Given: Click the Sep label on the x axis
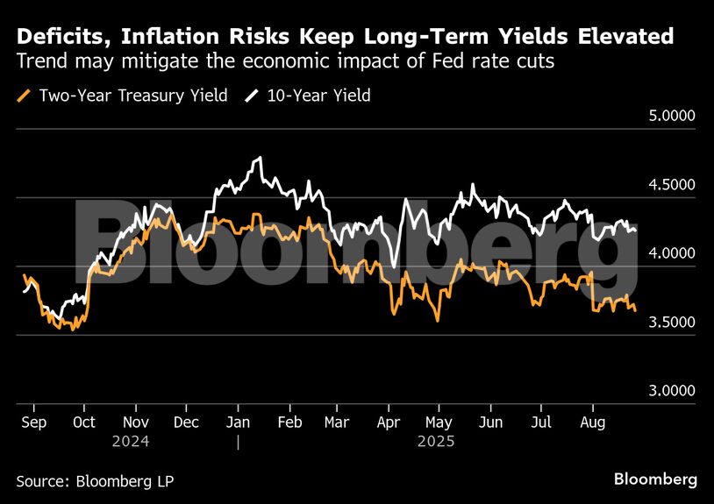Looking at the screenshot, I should pyautogui.click(x=34, y=422).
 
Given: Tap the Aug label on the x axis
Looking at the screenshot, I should pyautogui.click(x=593, y=422).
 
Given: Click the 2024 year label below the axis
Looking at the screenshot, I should pyautogui.click(x=131, y=441).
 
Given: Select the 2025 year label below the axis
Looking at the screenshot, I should pyautogui.click(x=435, y=441).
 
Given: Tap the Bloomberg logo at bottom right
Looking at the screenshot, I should pyautogui.click(x=655, y=479).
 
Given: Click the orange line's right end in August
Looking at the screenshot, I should pyautogui.click(x=636, y=309).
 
